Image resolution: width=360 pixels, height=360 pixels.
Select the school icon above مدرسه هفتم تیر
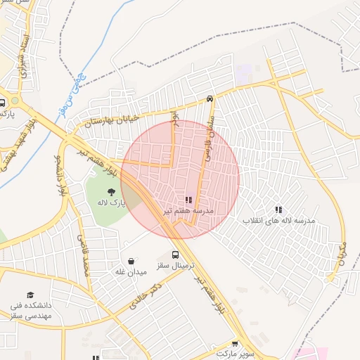pyautogui.click(x=188, y=200)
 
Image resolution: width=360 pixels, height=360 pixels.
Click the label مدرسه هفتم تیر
pyautogui.click(x=188, y=210)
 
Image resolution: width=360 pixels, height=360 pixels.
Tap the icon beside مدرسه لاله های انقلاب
pyautogui.click(x=279, y=210)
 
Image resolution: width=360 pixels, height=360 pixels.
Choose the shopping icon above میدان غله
pyautogui.click(x=131, y=260)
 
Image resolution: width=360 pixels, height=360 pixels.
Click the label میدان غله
pyautogui.click(x=130, y=271)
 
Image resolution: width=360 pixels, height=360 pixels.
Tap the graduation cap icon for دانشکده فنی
pyautogui.click(x=30, y=295)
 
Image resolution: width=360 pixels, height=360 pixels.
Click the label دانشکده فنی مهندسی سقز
pyautogui.click(x=30, y=311)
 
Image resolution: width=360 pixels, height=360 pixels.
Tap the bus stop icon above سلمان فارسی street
pyautogui.click(x=210, y=99)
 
